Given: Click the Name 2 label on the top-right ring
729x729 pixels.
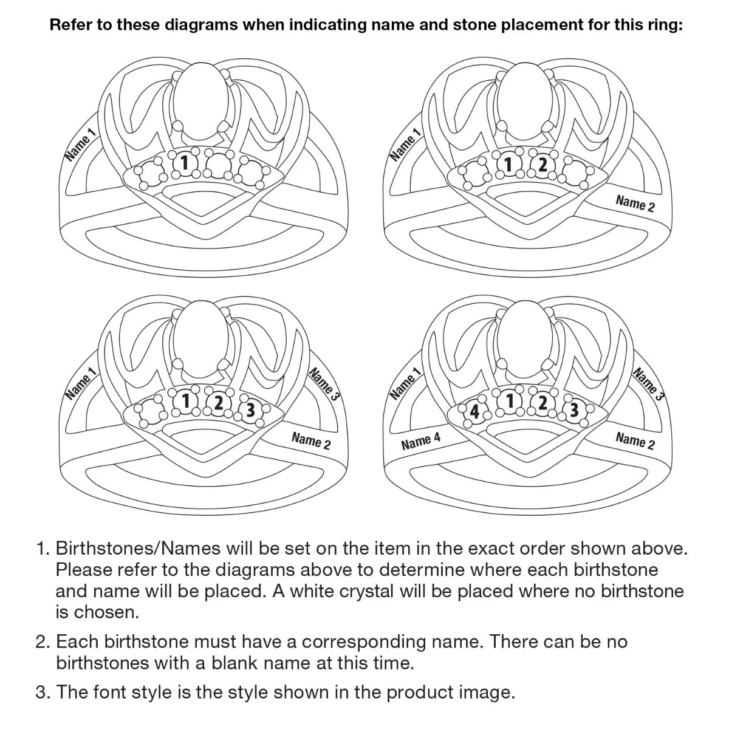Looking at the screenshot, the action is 635,204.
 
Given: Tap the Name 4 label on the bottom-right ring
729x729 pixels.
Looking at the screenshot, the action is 420,441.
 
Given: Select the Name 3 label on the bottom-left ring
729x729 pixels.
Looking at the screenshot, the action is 324,384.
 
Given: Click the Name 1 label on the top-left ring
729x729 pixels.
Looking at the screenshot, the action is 80,145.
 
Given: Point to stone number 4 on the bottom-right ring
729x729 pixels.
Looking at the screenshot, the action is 474,412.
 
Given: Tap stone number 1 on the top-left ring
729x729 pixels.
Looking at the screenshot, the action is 185,163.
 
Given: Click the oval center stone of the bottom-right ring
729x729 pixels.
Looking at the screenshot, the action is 526,335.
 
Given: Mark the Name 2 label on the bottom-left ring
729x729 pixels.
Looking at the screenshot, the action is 311,441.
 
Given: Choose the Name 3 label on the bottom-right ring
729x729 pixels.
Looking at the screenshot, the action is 648,384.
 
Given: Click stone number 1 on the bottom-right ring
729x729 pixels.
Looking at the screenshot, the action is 510,401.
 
